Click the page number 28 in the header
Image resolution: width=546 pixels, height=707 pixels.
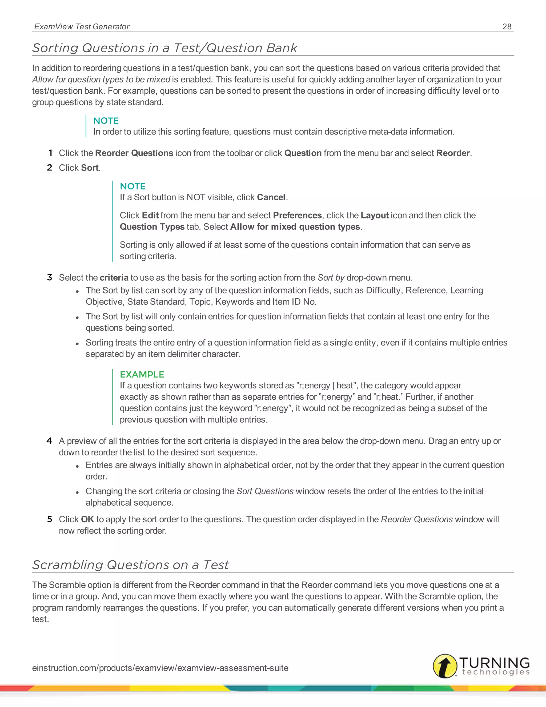click(507, 26)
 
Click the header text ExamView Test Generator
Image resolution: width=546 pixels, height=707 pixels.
click(82, 26)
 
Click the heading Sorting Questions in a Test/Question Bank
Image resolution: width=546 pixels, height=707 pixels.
click(165, 48)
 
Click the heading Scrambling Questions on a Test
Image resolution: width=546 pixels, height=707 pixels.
click(131, 565)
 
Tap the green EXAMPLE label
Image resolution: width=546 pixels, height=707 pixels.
click(142, 374)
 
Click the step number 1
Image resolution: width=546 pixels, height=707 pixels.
click(50, 153)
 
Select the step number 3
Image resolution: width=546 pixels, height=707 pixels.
click(50, 277)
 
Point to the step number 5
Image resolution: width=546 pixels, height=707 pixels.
click(50, 519)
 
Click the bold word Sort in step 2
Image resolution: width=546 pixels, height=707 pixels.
click(90, 168)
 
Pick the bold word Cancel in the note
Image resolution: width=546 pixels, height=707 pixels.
click(271, 197)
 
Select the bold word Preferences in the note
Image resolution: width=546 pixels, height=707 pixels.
click(297, 215)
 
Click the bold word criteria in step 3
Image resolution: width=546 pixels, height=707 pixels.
click(114, 277)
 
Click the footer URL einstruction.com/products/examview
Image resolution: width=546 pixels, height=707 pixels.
click(160, 668)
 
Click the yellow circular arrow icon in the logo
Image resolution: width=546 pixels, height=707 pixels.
click(445, 666)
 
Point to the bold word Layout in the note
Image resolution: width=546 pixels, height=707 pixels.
click(374, 215)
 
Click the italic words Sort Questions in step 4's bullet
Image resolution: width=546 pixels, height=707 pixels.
click(265, 491)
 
